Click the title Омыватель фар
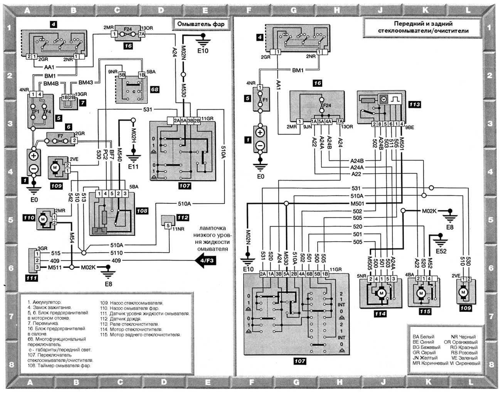click(x=200, y=24)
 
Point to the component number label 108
click(x=142, y=211)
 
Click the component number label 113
click(x=415, y=104)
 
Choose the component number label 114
click(x=380, y=314)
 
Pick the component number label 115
click(x=425, y=311)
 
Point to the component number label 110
click(x=29, y=218)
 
